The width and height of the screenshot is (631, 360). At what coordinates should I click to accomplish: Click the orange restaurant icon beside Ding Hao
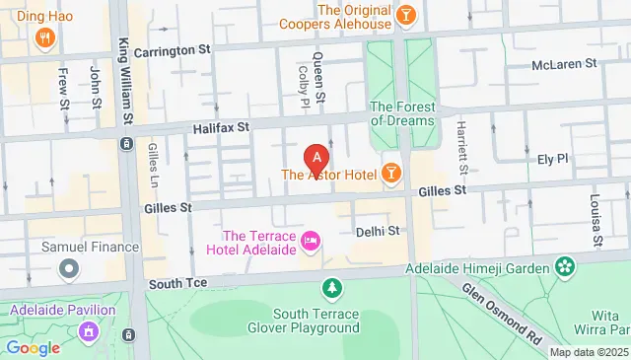pyautogui.click(x=44, y=38)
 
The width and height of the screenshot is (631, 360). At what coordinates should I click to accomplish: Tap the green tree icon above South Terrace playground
pyautogui.click(x=333, y=288)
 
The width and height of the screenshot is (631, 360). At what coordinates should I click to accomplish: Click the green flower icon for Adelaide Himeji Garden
pyautogui.click(x=565, y=265)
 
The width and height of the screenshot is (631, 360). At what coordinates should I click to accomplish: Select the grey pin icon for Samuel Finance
pyautogui.click(x=68, y=267)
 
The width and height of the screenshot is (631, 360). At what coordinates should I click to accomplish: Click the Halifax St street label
pyautogui.click(x=216, y=127)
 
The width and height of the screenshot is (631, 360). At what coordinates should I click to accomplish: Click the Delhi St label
pyautogui.click(x=377, y=231)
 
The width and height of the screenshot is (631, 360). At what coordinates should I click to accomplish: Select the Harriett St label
pyautogui.click(x=460, y=140)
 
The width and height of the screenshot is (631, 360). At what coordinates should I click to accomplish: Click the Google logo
pyautogui.click(x=33, y=347)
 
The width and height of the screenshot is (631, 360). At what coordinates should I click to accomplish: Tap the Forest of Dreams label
pyautogui.click(x=400, y=113)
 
